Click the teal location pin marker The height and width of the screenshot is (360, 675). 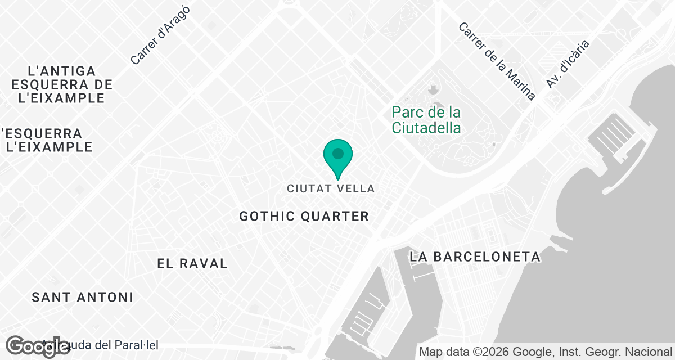(x=338, y=155)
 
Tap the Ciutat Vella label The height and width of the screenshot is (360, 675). (x=331, y=188)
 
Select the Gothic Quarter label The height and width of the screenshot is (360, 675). (x=304, y=216)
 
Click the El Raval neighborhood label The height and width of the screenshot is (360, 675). (x=192, y=263)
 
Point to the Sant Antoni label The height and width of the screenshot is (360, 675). (x=82, y=297)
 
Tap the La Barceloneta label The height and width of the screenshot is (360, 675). (x=475, y=256)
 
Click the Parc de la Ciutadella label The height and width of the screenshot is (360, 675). (x=426, y=120)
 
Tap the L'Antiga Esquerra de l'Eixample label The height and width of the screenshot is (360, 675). (x=62, y=84)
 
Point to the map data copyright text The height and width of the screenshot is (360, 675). (x=546, y=352)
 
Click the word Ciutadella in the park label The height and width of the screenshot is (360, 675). (x=426, y=128)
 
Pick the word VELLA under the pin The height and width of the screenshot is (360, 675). (x=355, y=188)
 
